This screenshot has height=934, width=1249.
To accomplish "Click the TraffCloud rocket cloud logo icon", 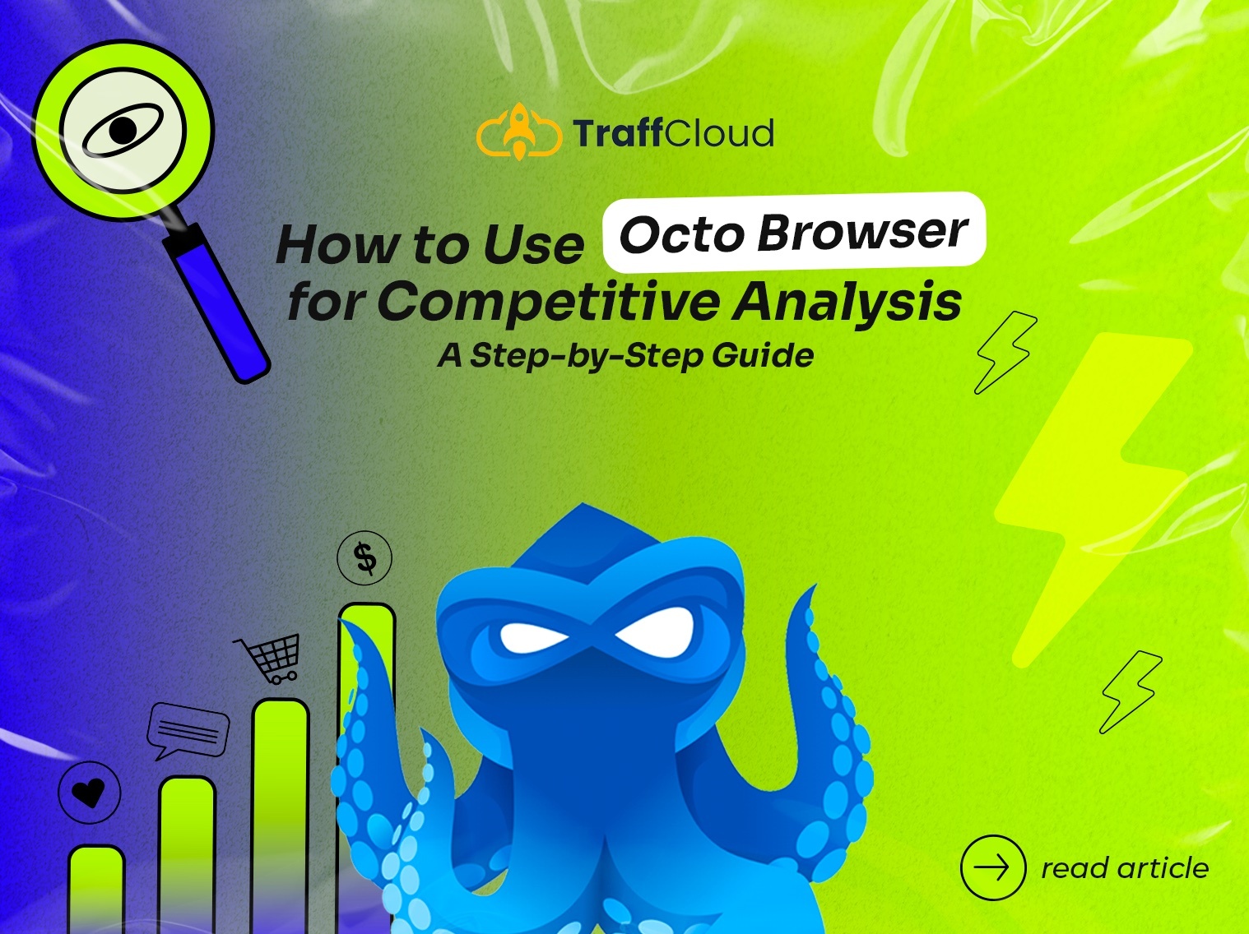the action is click(519, 132).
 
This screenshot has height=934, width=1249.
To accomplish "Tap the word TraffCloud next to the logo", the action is click(674, 133).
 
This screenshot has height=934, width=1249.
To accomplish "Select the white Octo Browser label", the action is click(794, 232).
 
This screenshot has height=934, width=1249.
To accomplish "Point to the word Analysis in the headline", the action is click(847, 302).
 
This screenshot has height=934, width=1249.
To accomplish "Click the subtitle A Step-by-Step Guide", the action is click(625, 356).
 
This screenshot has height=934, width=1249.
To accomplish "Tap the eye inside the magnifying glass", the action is click(123, 130).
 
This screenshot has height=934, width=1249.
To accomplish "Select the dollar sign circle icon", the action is click(364, 558).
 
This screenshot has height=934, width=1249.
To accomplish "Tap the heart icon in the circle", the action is click(90, 793).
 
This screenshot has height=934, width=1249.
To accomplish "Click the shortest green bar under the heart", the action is click(96, 890).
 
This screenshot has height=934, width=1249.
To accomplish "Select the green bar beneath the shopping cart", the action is click(281, 816).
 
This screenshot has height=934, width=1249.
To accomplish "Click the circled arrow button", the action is click(993, 868).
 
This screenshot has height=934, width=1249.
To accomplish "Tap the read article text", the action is click(1125, 868).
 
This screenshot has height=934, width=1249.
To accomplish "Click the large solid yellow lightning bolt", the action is click(1093, 500).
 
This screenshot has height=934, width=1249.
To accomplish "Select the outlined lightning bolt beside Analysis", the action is click(1005, 353).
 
